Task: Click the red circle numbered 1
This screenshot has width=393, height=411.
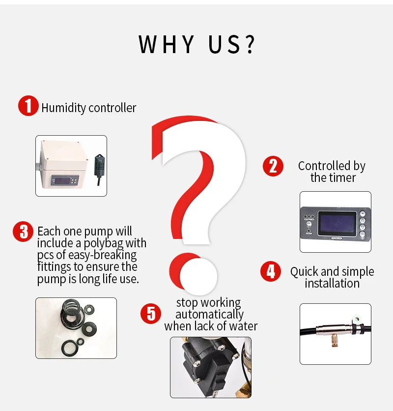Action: click(28, 106)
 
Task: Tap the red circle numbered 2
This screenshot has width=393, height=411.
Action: click(273, 166)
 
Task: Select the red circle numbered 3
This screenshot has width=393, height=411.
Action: click(23, 232)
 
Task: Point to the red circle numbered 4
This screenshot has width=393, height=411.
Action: click(271, 271)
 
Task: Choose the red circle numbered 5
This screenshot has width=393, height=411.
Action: click(151, 314)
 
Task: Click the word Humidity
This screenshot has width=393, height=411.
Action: click(64, 108)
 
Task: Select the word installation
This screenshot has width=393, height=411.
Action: click(332, 283)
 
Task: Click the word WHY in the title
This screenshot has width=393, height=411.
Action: click(167, 44)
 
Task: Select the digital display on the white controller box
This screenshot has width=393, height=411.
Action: click(65, 180)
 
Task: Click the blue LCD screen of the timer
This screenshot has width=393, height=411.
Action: click(337, 223)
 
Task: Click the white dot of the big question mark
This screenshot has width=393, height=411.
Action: click(198, 276)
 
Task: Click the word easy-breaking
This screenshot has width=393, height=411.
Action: click(103, 255)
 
